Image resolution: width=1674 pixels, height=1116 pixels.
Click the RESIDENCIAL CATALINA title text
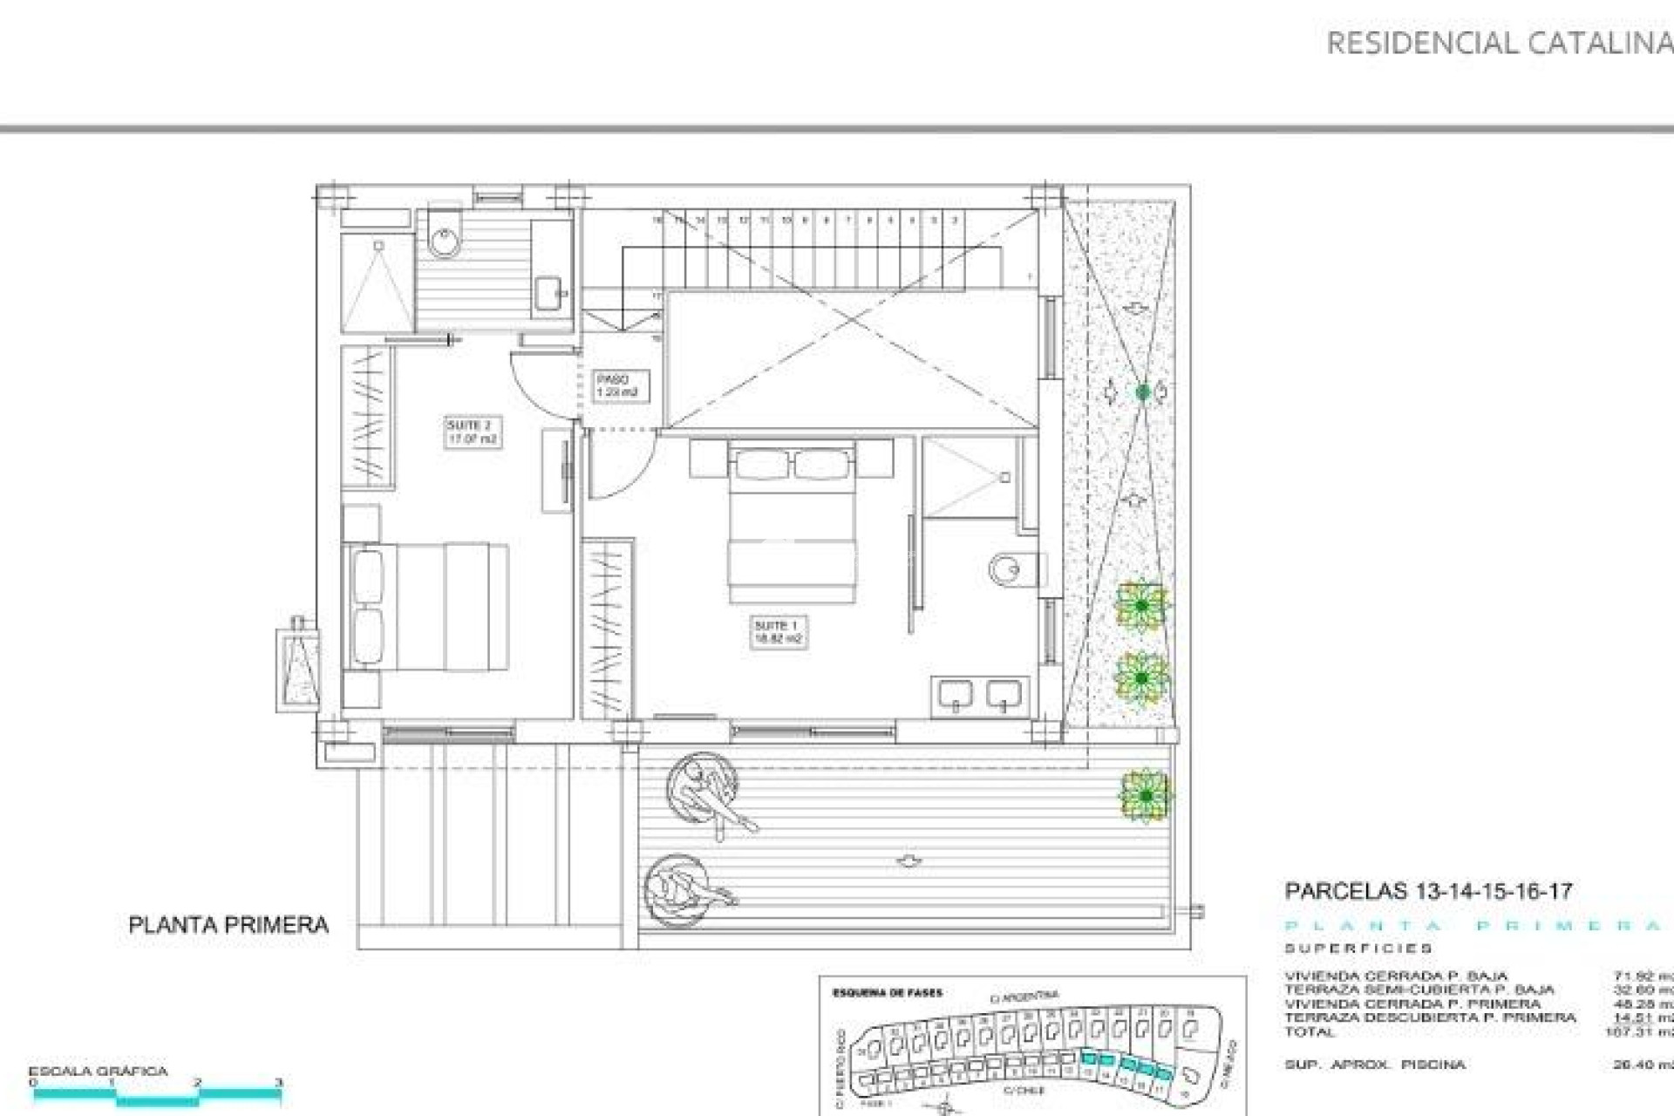(x=1498, y=44)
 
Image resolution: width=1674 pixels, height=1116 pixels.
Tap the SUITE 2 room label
(x=472, y=432)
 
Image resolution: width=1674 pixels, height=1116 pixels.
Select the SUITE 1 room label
(x=778, y=631)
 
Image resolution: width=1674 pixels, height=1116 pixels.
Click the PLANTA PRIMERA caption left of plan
(x=228, y=925)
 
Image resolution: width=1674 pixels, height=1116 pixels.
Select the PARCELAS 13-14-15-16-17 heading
(x=1428, y=892)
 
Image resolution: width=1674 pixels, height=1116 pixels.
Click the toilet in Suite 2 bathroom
(x=446, y=236)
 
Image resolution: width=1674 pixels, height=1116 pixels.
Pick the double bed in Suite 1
(x=792, y=523)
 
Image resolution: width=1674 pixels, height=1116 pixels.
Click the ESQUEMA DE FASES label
(x=887, y=993)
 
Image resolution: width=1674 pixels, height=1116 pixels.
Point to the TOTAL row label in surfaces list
(x=1310, y=1032)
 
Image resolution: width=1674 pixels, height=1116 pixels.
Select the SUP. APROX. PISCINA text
(x=1374, y=1065)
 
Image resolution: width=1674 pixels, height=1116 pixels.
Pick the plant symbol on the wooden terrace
(x=1145, y=795)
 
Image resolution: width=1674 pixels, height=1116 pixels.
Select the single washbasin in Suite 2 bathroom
(x=549, y=293)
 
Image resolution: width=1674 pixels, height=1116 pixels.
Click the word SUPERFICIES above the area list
(x=1358, y=949)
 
